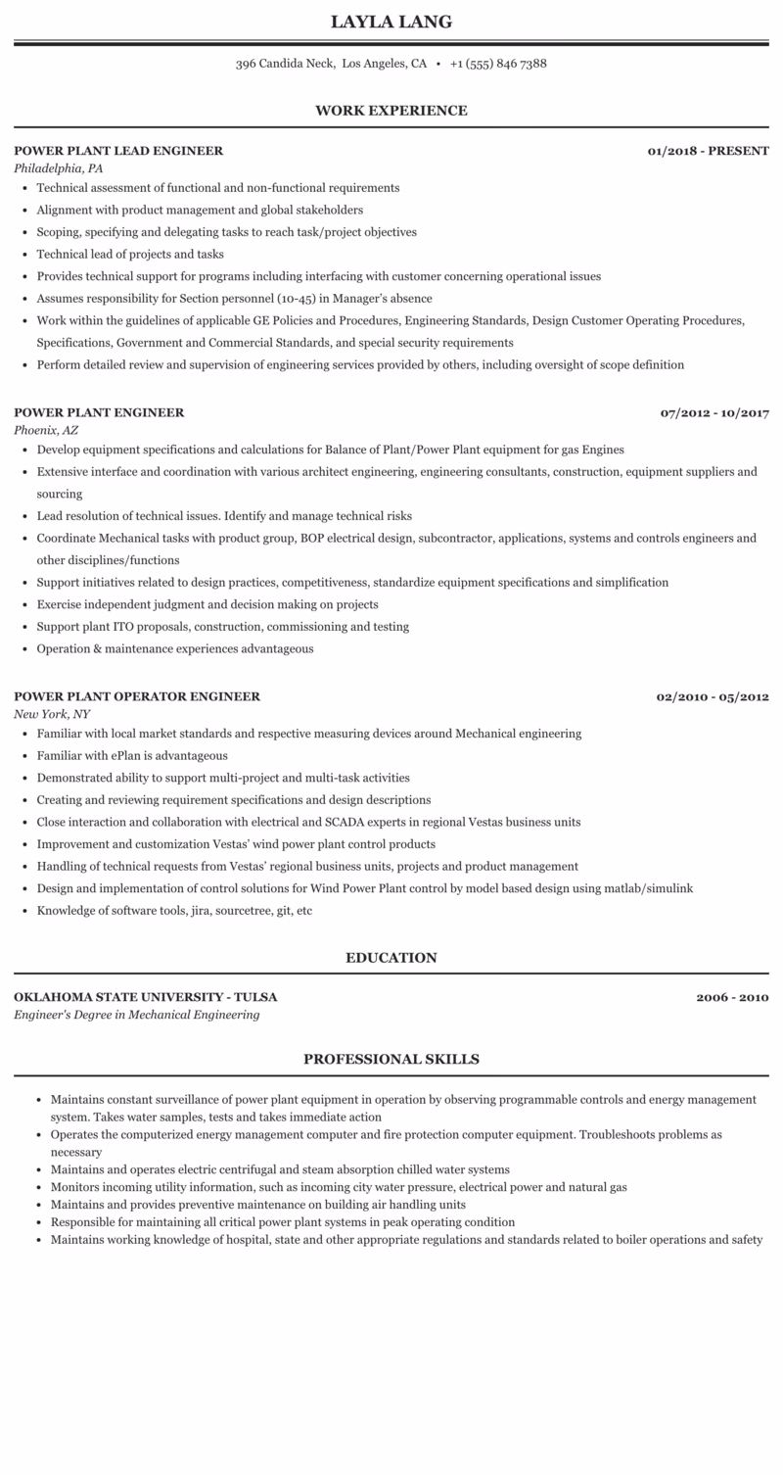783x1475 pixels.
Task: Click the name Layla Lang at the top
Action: click(x=391, y=22)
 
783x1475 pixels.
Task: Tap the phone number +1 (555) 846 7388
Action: click(x=498, y=64)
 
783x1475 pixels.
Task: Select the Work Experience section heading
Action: click(x=391, y=111)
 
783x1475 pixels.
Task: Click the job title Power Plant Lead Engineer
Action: click(x=118, y=151)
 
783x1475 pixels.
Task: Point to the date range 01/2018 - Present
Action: click(x=708, y=151)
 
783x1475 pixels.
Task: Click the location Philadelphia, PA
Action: click(x=59, y=168)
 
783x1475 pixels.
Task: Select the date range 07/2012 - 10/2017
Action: click(x=714, y=412)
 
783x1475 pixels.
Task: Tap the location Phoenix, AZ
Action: click(x=46, y=430)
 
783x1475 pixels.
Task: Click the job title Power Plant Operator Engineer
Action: click(x=137, y=696)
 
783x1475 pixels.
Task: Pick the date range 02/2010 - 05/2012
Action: click(x=712, y=696)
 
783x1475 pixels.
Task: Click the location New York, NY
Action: click(x=52, y=714)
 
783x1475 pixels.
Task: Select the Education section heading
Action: click(x=391, y=958)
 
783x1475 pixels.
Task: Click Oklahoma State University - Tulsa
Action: click(x=146, y=997)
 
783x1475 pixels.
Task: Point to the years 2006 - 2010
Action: click(x=732, y=997)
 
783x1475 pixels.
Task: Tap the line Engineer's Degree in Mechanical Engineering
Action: click(x=137, y=1015)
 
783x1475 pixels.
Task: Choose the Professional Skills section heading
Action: click(x=391, y=1059)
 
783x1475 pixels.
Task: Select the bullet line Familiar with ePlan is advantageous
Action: click(x=132, y=756)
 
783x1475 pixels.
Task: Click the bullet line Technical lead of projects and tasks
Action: click(x=130, y=255)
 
